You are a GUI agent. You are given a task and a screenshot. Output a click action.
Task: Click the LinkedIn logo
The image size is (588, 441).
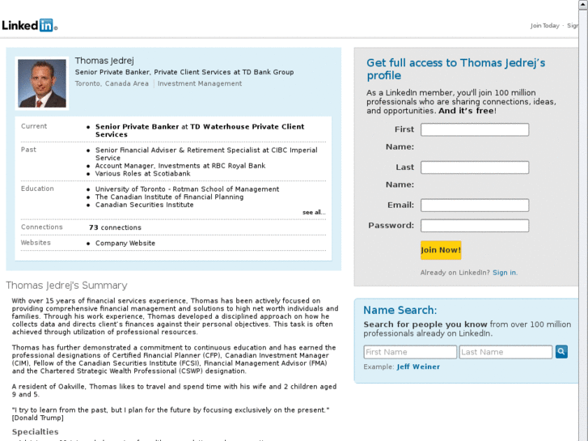[x=29, y=24]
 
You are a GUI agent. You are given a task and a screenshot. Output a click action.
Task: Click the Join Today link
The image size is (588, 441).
[x=544, y=26]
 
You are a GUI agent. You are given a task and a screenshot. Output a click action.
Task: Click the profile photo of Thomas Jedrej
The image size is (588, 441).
[x=42, y=83]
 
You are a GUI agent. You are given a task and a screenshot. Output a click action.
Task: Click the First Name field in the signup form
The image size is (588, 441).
[x=475, y=129]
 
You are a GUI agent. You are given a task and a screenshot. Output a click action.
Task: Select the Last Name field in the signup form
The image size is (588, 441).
[x=475, y=167]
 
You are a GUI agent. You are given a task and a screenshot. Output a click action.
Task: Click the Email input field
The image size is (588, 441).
[x=475, y=206]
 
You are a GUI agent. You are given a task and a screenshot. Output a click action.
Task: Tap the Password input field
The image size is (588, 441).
[x=475, y=226]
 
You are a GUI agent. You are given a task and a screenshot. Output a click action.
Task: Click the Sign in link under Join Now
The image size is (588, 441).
[x=505, y=273]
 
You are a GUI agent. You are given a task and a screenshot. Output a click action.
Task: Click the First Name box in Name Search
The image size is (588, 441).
[x=410, y=352]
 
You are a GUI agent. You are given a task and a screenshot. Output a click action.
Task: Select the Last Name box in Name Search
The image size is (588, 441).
[x=506, y=352]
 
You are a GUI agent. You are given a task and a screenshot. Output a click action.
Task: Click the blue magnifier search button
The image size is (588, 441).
[x=561, y=352]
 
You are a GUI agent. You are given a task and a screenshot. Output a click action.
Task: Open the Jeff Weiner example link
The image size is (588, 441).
[x=418, y=367]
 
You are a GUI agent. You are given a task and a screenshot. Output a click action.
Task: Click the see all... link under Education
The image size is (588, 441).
[x=314, y=213]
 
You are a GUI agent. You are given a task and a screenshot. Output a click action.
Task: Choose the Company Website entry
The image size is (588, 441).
[x=125, y=244]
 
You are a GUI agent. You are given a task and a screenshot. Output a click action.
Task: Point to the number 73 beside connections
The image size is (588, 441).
[x=94, y=228]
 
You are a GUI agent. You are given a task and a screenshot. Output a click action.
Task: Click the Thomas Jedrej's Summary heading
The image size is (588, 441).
[x=66, y=286]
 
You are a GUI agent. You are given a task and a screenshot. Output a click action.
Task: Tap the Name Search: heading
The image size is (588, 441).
[x=400, y=310]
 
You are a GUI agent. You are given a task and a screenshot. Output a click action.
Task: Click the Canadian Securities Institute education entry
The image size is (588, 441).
[x=145, y=206]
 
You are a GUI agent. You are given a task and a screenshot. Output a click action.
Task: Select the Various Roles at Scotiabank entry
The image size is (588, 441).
[x=143, y=174]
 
